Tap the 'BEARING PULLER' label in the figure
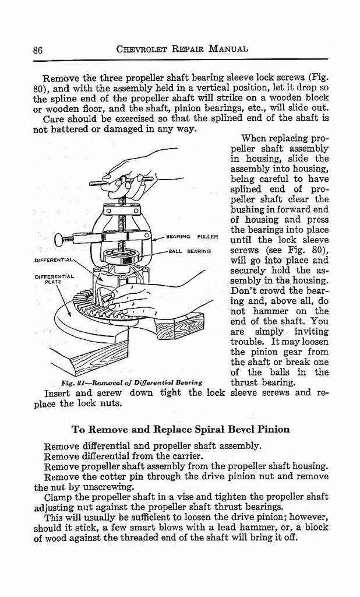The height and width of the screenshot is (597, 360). [192, 237]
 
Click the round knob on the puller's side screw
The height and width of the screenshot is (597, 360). [58, 239]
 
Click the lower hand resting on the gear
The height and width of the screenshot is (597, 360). [137, 300]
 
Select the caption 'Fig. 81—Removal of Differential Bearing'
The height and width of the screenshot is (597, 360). [132, 382]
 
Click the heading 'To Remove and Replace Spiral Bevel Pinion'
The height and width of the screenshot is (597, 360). [180, 430]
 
